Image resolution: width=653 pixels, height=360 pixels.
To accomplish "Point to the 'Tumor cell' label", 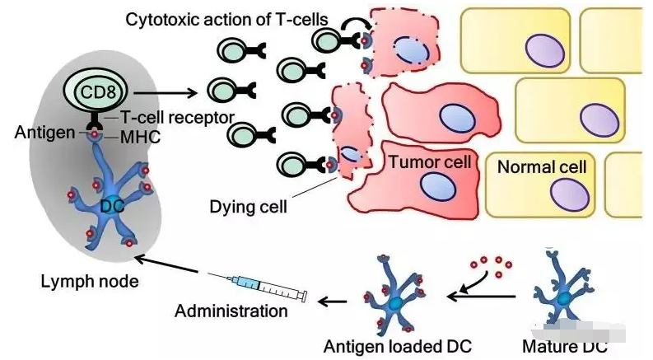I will tap(431, 162).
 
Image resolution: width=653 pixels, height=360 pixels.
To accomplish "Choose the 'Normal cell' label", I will tap(542, 167).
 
